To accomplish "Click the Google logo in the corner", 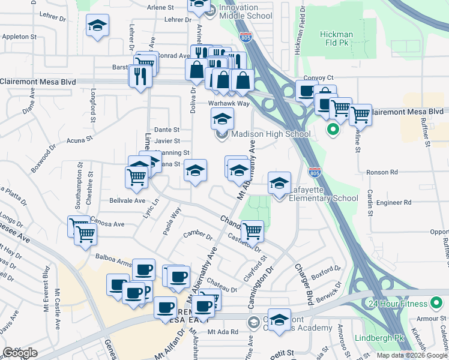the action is [x=20, y=353].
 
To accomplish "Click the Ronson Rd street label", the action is [x=382, y=172].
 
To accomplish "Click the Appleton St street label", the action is [x=20, y=37].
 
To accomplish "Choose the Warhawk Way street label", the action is [x=229, y=103].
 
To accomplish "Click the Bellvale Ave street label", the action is [x=127, y=200].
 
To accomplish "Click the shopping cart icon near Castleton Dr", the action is [x=253, y=230].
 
